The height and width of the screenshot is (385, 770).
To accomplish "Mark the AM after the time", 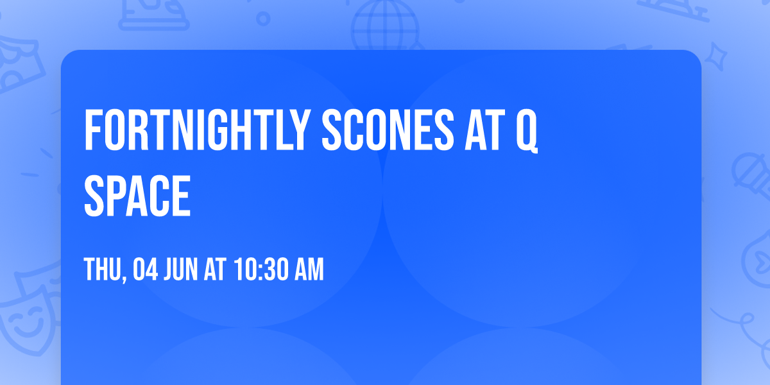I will coord(309,270).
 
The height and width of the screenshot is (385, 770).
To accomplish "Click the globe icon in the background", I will coord(383,26).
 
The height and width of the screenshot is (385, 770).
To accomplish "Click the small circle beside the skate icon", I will coord(262,19).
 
